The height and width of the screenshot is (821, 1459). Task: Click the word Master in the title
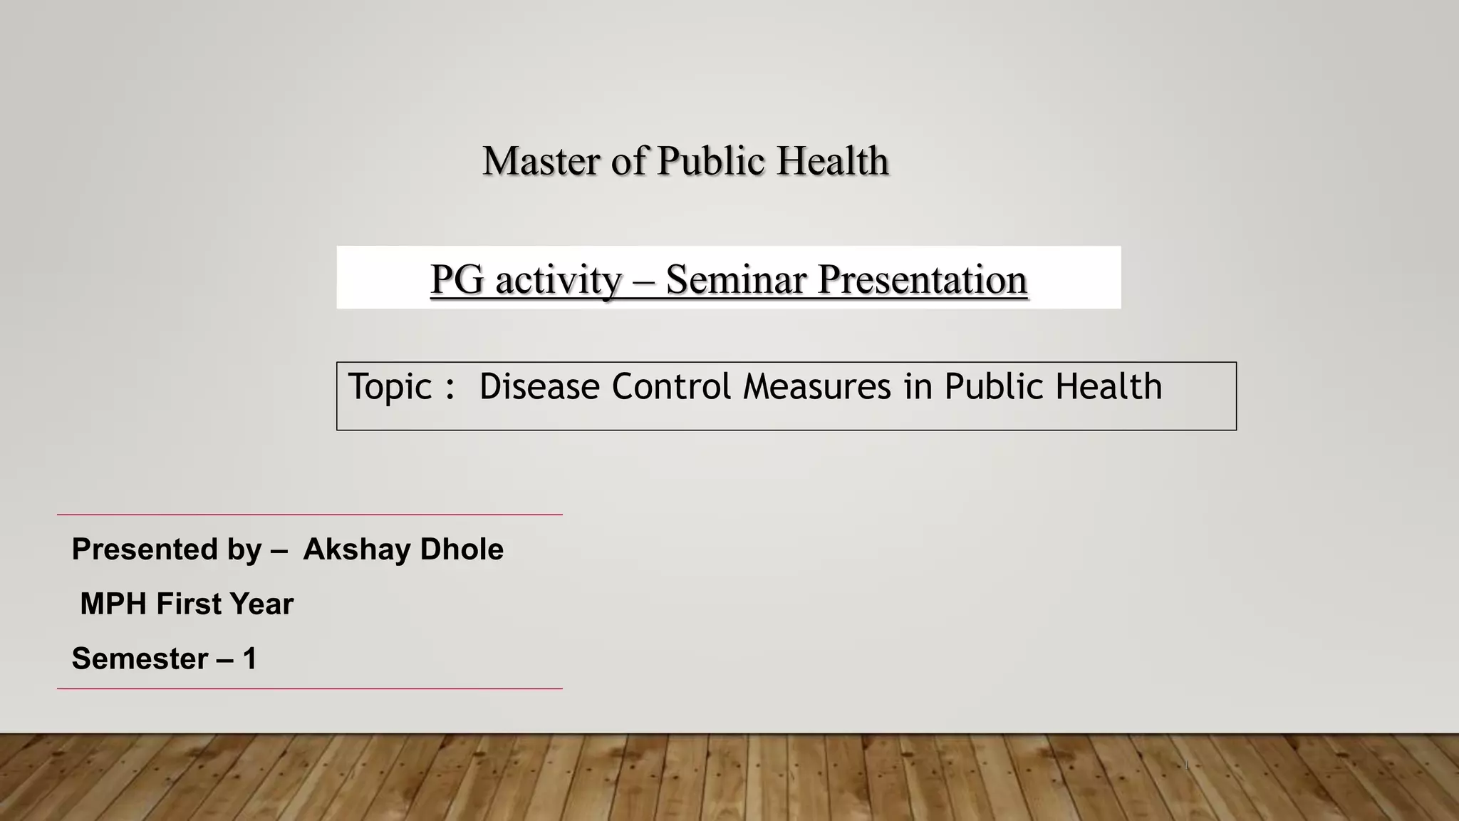541,161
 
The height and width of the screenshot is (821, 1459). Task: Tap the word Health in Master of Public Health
832,161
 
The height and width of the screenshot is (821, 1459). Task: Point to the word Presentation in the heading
923,279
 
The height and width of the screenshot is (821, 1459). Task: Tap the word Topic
390,387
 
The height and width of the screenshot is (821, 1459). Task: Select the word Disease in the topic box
539,387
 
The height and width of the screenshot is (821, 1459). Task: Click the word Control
671,387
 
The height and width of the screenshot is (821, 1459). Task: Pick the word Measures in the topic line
817,387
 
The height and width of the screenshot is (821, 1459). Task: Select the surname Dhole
462,549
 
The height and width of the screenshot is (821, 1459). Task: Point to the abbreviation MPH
113,604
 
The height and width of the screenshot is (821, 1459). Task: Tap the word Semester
140,659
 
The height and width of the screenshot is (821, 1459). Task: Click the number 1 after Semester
249,659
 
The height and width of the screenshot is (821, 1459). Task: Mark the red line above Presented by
309,515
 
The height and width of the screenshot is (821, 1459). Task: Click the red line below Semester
309,688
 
